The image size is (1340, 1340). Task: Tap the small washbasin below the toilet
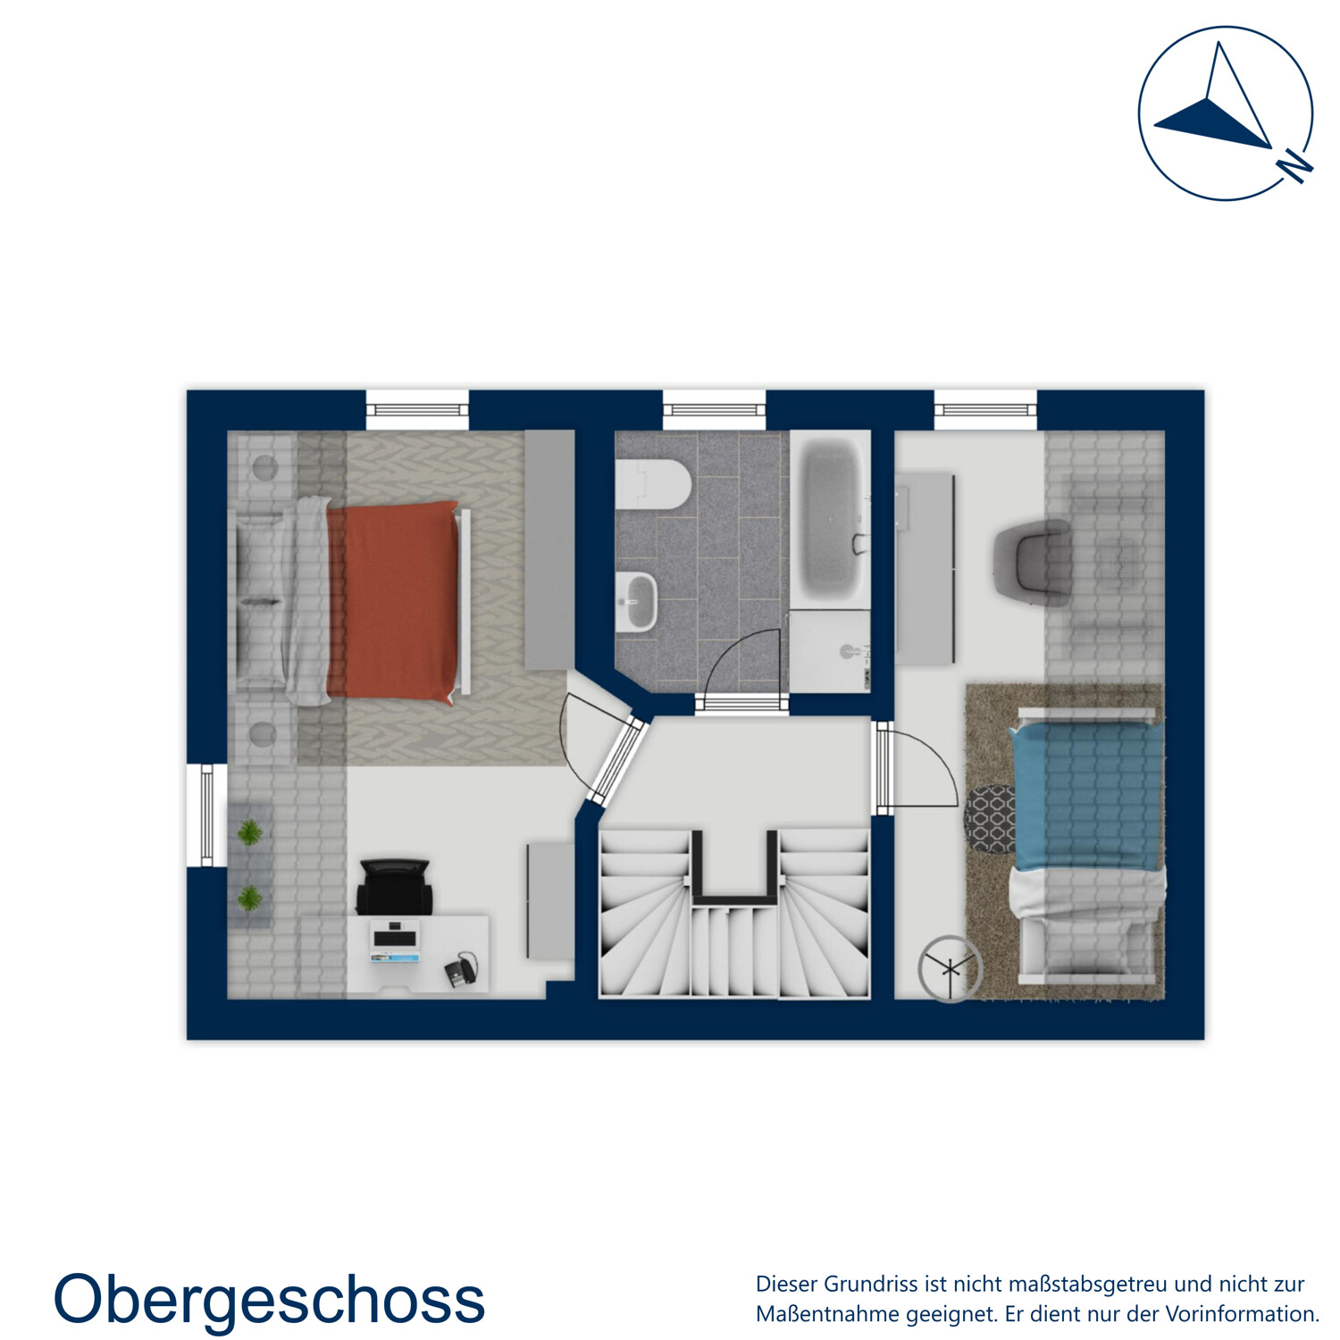pyautogui.click(x=637, y=601)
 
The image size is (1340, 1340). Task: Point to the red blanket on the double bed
pyautogui.click(x=393, y=600)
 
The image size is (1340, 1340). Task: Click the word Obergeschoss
pyautogui.click(x=269, y=1300)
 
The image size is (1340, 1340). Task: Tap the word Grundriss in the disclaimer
pyautogui.click(x=873, y=1285)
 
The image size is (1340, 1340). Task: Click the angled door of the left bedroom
pyautogui.click(x=616, y=760)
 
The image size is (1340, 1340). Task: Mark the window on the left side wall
pyautogui.click(x=206, y=815)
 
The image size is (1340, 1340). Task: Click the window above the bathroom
pyautogui.click(x=714, y=410)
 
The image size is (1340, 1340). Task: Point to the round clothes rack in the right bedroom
pyautogui.click(x=950, y=967)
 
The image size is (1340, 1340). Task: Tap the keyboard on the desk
pyautogui.click(x=395, y=939)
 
